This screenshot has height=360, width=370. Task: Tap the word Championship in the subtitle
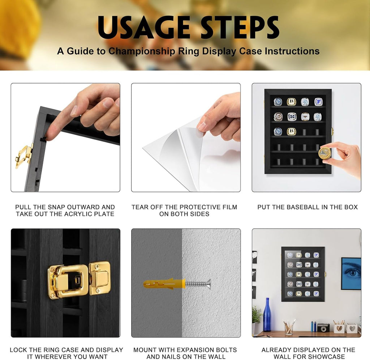point(142,51)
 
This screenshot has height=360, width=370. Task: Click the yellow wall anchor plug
point(164,283)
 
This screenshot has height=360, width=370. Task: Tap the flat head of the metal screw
point(208,283)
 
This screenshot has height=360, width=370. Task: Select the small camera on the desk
point(323,328)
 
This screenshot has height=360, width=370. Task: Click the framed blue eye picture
point(351,274)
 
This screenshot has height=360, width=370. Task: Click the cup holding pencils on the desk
point(289,329)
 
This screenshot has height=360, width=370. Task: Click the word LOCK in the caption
point(19,350)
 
